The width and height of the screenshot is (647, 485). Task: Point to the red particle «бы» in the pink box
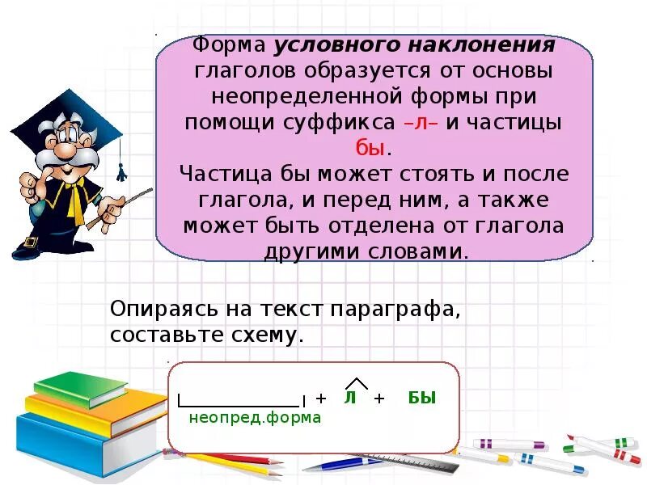[x=373, y=149]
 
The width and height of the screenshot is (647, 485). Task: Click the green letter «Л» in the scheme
[x=350, y=398]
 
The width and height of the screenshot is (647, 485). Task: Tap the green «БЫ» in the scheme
[x=422, y=398]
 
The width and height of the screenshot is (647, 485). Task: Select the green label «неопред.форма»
[x=255, y=418]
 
